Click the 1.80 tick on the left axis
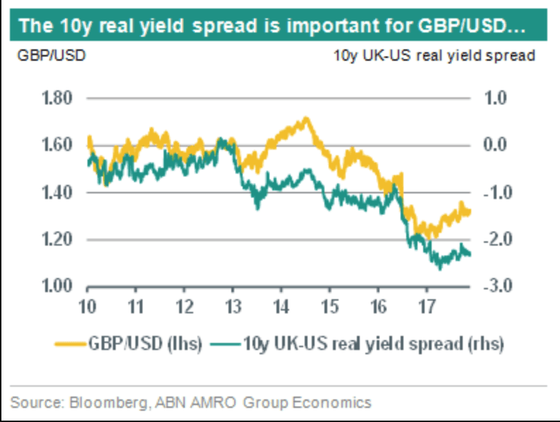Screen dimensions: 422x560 [59, 98]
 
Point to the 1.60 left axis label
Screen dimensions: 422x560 [59, 145]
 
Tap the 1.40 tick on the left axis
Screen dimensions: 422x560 [59, 193]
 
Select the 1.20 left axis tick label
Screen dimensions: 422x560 [59, 240]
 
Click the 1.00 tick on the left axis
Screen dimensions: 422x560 [59, 287]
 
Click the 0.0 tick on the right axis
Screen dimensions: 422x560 [497, 145]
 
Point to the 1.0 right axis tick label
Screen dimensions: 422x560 [497, 98]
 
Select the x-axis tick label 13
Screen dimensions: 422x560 [233, 307]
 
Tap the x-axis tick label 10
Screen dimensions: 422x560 [87, 307]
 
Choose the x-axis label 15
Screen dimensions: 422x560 [329, 307]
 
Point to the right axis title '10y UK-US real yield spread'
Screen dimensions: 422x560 [434, 56]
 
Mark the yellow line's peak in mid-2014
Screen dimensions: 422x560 [305, 118]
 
